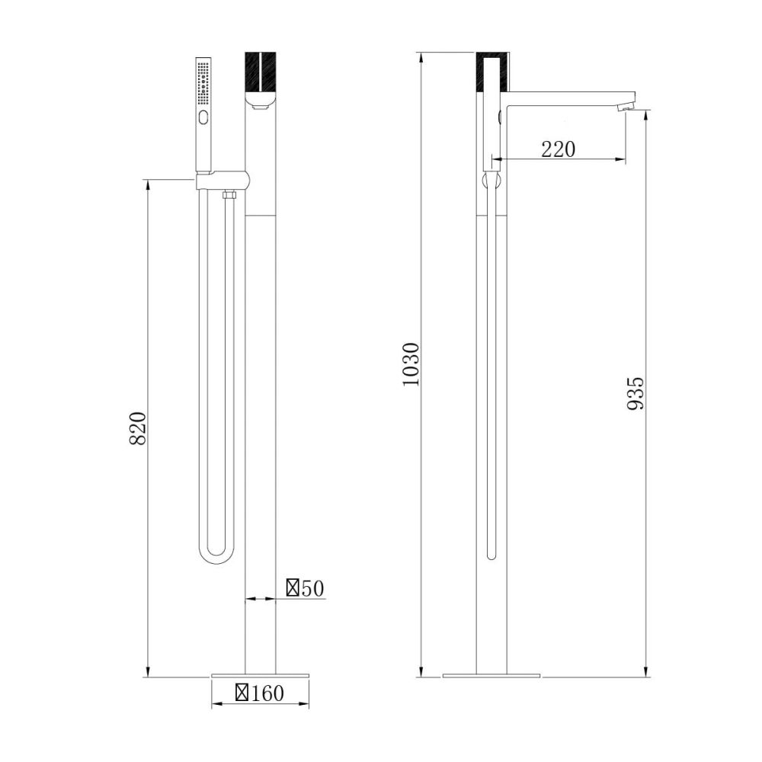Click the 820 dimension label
click(x=138, y=428)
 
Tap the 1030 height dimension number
click(x=411, y=364)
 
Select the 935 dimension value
click(x=636, y=393)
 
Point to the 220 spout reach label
click(x=559, y=149)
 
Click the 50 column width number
click(x=312, y=588)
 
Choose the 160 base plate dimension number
click(x=267, y=693)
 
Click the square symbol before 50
click(x=293, y=588)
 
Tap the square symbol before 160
click(x=242, y=693)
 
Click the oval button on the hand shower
click(x=203, y=117)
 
